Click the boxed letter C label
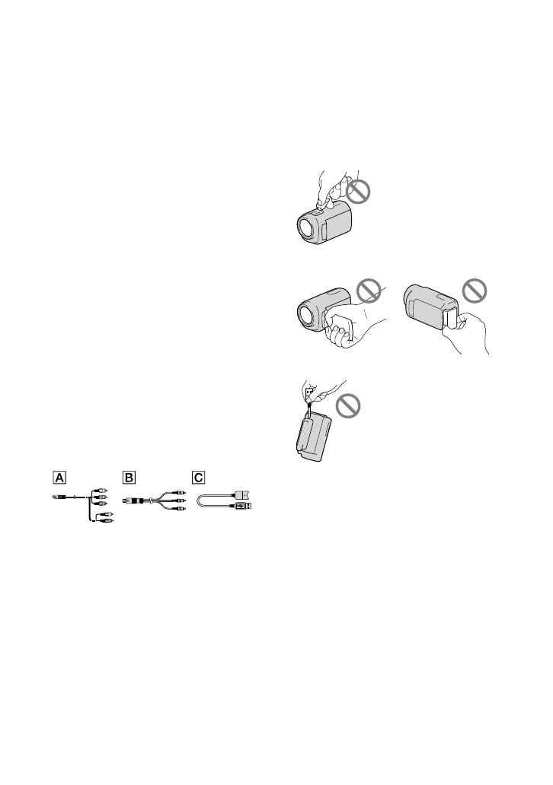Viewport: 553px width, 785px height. [198, 477]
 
